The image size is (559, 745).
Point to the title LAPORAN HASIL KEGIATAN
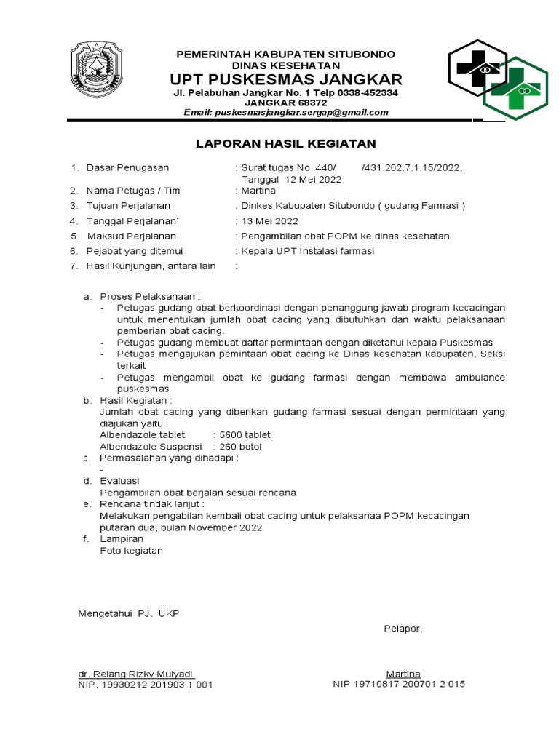[x=286, y=143]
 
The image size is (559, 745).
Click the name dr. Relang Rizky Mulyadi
[x=136, y=674]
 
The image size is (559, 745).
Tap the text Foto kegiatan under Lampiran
[x=131, y=551]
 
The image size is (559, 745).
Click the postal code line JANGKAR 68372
[x=285, y=103]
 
